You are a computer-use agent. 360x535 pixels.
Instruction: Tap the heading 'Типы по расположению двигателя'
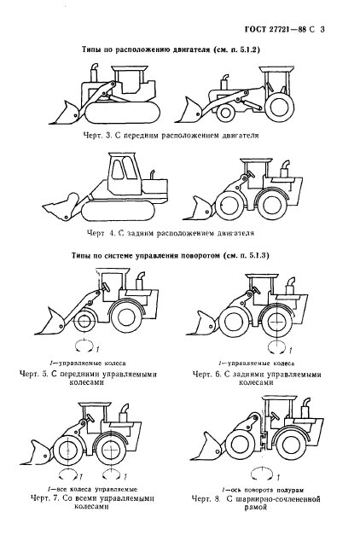(180, 50)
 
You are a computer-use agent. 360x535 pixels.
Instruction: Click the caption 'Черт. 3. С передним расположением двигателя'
(180, 135)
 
